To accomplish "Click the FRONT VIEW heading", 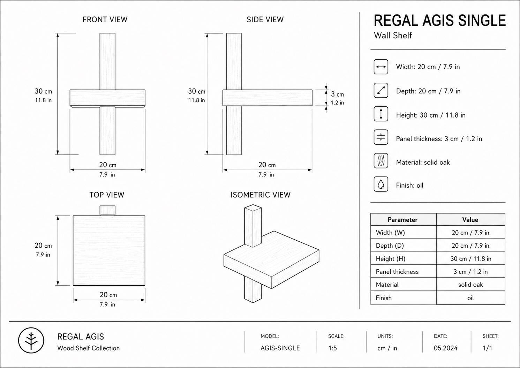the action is click(x=105, y=20).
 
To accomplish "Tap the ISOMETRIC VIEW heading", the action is click(x=261, y=195).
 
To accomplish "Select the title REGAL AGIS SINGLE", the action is click(x=440, y=21).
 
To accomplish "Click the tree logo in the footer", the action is click(x=31, y=340).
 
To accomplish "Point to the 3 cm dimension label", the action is click(x=337, y=94).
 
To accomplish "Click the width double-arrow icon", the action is click(x=381, y=67).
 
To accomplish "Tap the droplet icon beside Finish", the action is click(x=381, y=184).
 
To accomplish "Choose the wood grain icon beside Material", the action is click(x=381, y=161).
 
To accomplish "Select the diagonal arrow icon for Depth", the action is click(x=381, y=90).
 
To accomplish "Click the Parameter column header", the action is click(x=402, y=220).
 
